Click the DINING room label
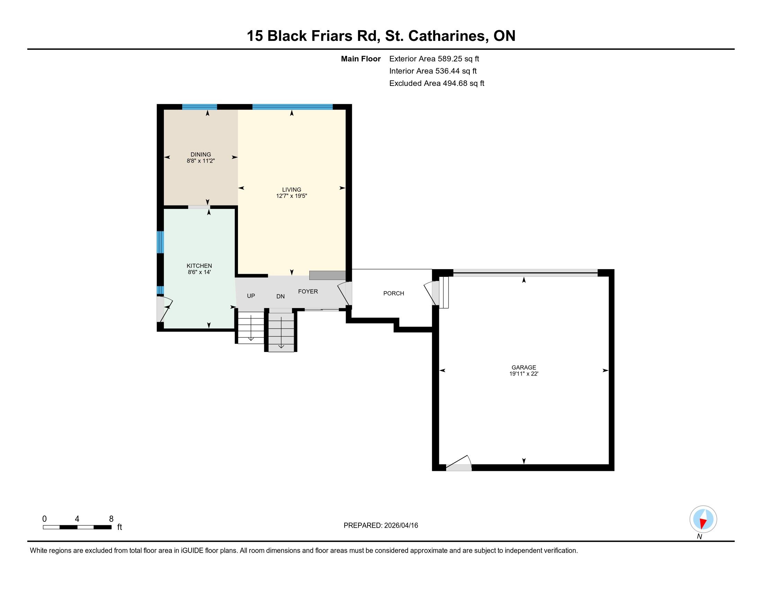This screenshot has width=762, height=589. tap(201, 154)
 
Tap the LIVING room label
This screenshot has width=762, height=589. tap(292, 190)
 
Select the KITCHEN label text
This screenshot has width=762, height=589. tap(199, 266)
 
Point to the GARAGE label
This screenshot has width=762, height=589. tap(524, 367)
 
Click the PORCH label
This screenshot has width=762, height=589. tap(393, 293)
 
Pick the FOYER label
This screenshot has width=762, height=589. tap(308, 291)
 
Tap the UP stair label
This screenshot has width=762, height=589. tap(251, 296)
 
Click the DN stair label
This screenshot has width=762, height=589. tap(281, 297)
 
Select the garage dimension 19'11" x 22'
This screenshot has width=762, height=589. tap(524, 374)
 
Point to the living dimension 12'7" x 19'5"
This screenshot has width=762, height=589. tap(292, 196)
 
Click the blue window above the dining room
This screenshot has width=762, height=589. tap(200, 107)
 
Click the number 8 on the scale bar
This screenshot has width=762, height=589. tap(111, 519)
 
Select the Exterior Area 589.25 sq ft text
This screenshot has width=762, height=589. tap(434, 59)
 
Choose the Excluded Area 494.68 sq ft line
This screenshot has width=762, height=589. tap(437, 83)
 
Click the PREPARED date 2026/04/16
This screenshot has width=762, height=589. tap(400, 526)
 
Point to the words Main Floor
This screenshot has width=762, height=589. tap(361, 59)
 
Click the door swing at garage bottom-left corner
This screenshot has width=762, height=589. tap(459, 463)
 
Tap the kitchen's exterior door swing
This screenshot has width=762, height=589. tap(165, 309)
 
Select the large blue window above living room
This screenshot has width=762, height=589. tap(292, 107)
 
